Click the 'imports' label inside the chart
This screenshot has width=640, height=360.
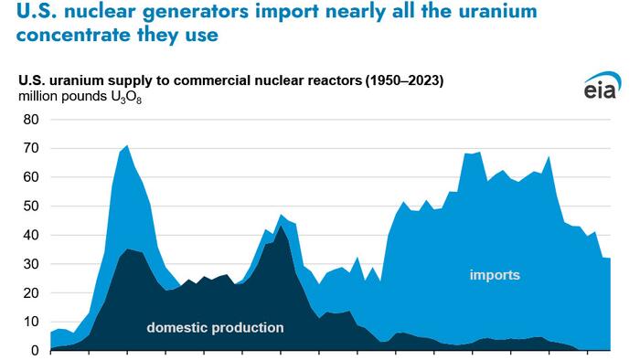pyautogui.click(x=495, y=274)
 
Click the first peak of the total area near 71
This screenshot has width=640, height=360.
pyautogui.click(x=127, y=145)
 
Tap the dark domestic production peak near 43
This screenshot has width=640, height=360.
pyautogui.click(x=282, y=226)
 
